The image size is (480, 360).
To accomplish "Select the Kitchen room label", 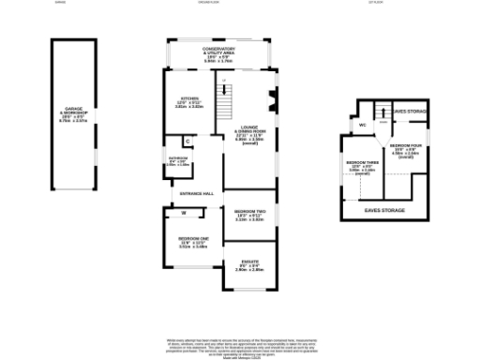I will (x=190, y=102).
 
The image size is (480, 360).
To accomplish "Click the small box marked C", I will (x=187, y=142).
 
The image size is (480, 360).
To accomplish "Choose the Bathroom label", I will (x=177, y=161).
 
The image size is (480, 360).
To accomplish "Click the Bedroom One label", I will (x=192, y=244).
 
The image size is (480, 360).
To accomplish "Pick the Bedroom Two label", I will (x=248, y=216).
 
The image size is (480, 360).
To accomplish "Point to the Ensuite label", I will (x=249, y=264).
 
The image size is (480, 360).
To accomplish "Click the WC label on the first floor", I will (x=362, y=124).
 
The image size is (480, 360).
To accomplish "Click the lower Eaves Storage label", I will (x=384, y=211).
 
